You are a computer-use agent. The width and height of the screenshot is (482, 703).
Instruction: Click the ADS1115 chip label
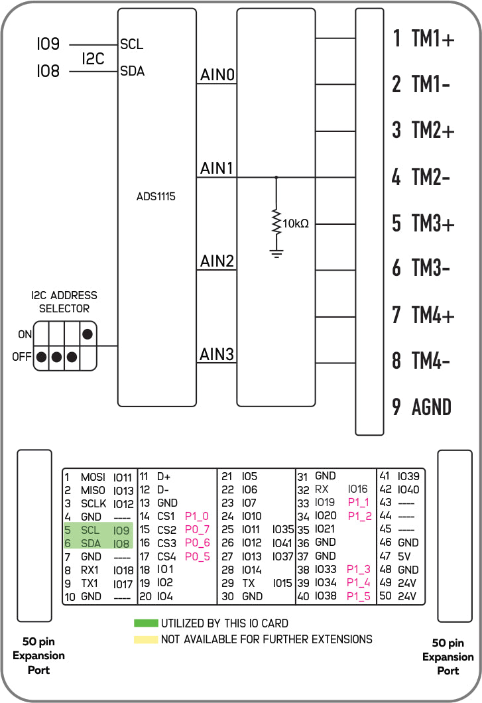click(156, 196)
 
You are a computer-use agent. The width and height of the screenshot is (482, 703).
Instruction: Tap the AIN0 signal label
click(217, 75)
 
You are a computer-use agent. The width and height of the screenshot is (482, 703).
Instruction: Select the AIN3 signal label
click(217, 354)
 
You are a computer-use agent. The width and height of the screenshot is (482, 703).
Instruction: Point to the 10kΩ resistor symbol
click(276, 223)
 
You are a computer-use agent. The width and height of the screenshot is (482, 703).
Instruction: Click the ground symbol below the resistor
click(276, 253)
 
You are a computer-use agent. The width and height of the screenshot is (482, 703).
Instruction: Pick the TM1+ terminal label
click(433, 38)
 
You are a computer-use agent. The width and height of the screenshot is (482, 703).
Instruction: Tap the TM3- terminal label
click(430, 268)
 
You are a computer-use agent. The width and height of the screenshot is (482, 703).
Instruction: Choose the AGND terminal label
click(432, 407)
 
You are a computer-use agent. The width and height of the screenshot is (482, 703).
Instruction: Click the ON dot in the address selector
click(88, 334)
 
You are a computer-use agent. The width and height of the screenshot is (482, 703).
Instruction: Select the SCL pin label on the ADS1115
click(131, 44)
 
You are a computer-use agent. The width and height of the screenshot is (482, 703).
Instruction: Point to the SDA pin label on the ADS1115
click(133, 71)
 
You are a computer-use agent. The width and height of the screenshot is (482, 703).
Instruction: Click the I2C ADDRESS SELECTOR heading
click(64, 302)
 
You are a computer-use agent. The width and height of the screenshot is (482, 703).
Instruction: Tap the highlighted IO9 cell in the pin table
click(121, 531)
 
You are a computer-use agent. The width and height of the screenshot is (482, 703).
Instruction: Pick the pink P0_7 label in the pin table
click(198, 529)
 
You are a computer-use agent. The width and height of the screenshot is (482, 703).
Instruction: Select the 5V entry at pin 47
click(404, 556)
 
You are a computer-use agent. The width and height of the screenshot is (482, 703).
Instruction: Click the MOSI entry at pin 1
click(93, 477)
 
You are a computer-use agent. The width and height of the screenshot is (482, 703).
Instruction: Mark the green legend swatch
click(146, 623)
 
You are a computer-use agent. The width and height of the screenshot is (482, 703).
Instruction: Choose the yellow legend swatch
click(146, 639)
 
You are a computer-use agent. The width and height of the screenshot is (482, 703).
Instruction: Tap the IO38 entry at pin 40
click(326, 596)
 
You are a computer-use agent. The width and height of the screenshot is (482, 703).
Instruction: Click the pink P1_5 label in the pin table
click(358, 596)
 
